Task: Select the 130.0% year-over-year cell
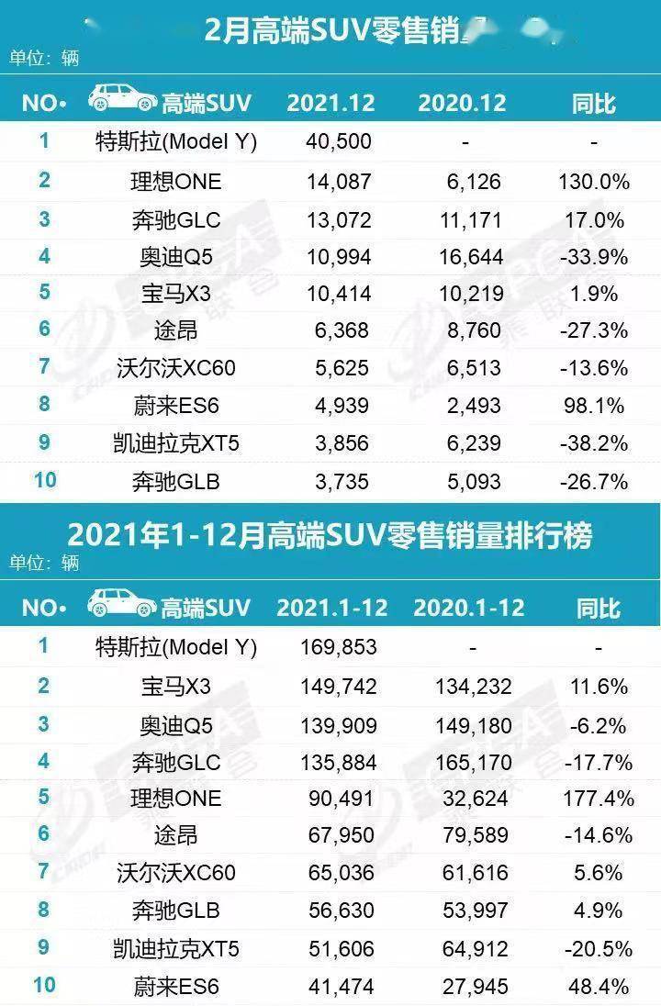click(593, 181)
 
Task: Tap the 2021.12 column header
click(330, 102)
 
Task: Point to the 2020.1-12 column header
click(468, 608)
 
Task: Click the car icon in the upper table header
click(121, 99)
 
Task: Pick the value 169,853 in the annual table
click(339, 647)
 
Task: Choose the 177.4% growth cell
click(595, 798)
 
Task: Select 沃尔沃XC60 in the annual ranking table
click(176, 873)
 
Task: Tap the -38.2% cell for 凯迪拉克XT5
click(595, 443)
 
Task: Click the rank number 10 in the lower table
click(43, 986)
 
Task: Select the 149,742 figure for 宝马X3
click(339, 686)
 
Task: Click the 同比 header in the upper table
click(593, 102)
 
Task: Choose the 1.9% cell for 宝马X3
click(602, 294)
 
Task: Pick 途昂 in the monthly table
click(176, 331)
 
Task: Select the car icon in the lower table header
click(121, 604)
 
